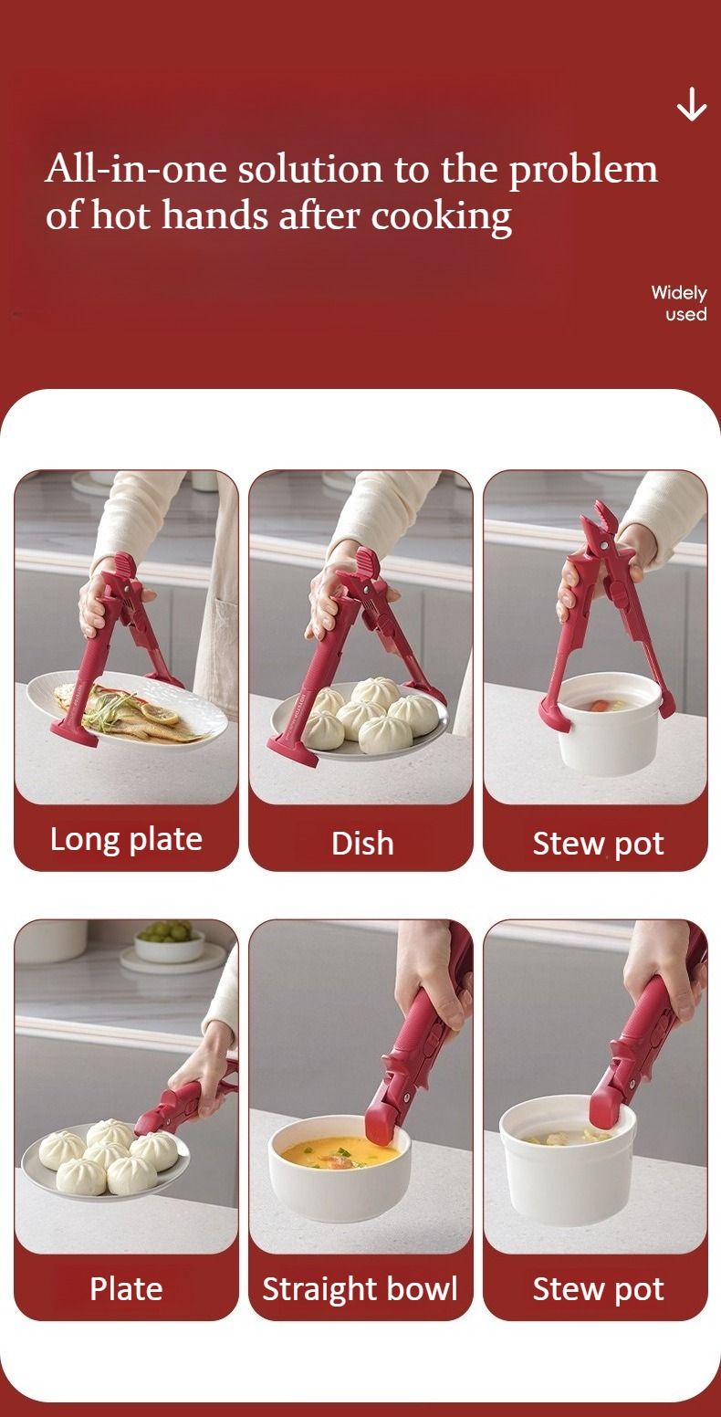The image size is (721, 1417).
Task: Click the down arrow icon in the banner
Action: [692, 104]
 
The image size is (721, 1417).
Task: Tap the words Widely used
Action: [679, 303]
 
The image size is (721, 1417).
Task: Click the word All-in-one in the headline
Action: [135, 170]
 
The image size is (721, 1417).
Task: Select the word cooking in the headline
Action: [441, 217]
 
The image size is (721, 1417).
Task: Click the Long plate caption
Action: [126, 840]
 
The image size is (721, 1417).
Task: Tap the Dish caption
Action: [362, 844]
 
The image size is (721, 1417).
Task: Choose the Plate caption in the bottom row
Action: [126, 1288]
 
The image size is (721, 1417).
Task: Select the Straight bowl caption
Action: [360, 1289]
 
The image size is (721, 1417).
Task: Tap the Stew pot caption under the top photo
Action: [599, 844]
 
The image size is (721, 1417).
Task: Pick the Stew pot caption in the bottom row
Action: [599, 1289]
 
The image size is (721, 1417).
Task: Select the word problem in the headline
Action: [583, 171]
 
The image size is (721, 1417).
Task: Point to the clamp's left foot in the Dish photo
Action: [292, 751]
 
